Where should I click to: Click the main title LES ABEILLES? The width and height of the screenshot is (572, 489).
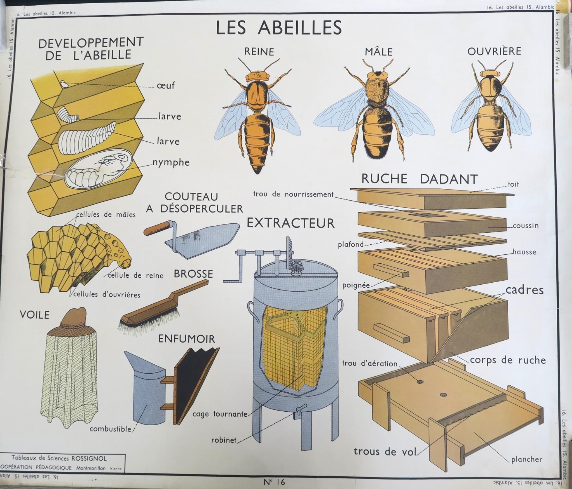(279, 27)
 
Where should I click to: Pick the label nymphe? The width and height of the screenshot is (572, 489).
(171, 163)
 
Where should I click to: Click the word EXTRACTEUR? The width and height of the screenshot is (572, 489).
(290, 223)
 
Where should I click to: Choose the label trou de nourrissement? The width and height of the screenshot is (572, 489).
(293, 194)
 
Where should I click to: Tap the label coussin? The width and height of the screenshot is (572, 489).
(526, 225)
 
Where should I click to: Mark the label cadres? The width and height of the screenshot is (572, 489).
(525, 290)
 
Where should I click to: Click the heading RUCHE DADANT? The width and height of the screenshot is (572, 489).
(420, 179)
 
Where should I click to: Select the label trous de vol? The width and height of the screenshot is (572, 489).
(385, 452)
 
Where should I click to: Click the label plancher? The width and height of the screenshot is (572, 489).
(527, 459)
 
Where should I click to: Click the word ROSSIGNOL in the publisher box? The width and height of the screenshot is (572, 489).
(89, 458)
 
